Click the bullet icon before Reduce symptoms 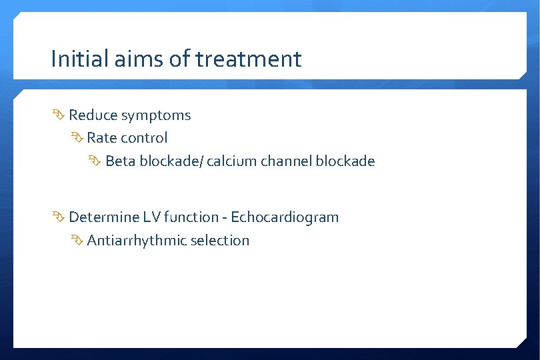[x=59, y=115]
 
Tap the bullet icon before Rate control [x=77, y=138]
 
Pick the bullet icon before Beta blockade [x=95, y=161]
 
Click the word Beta [x=121, y=161]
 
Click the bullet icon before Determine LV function [x=59, y=217]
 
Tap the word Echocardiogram [x=285, y=217]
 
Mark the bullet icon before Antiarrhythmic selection [x=77, y=241]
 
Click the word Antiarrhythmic [x=137, y=241]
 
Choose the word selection [x=220, y=241]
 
